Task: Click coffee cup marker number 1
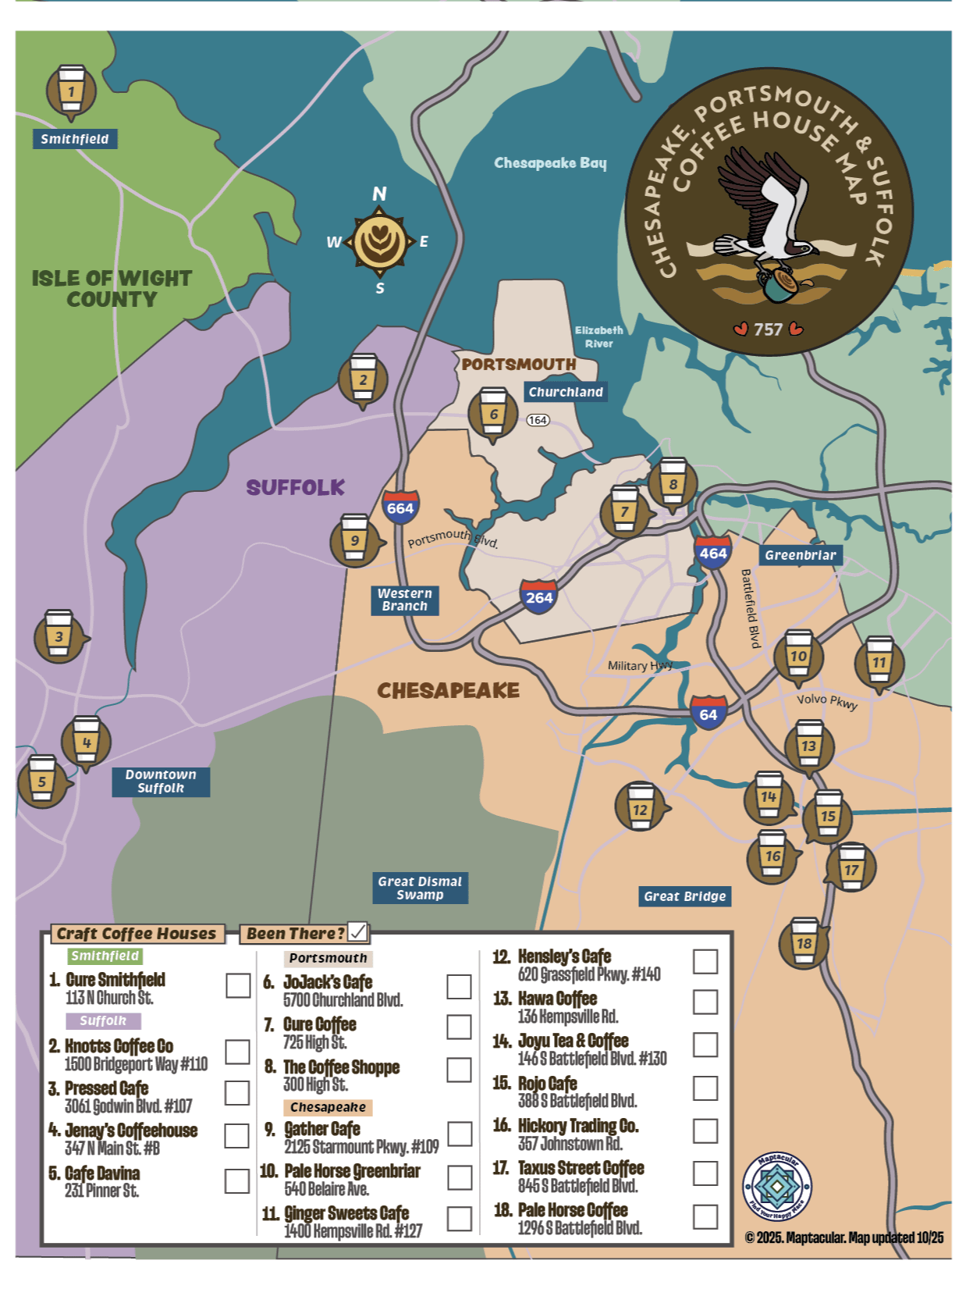click(71, 91)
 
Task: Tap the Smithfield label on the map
click(75, 139)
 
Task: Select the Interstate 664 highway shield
click(400, 507)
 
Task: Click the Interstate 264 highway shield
click(538, 597)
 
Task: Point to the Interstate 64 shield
click(708, 714)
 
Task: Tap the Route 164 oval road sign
click(538, 420)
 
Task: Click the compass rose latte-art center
click(380, 241)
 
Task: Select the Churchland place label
click(566, 392)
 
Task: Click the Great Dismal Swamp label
click(420, 888)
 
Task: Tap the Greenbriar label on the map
click(800, 555)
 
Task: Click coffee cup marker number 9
click(355, 539)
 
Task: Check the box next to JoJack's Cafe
click(459, 986)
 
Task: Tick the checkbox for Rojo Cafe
click(705, 1088)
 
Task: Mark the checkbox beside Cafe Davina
click(236, 1180)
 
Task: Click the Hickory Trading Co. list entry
click(577, 1134)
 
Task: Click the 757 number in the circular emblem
click(768, 329)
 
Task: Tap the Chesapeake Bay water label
click(550, 162)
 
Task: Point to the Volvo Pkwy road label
click(826, 701)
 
